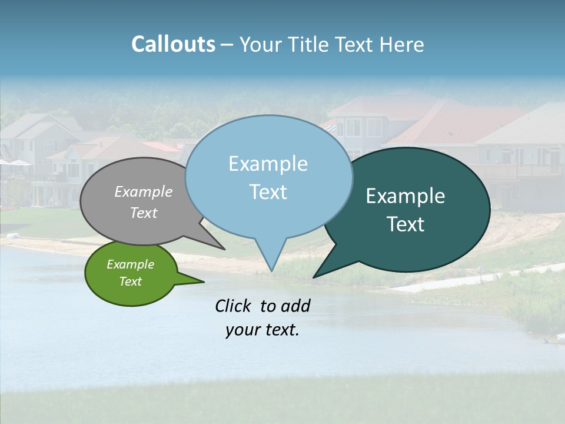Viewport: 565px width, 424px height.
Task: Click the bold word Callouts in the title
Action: coord(173,44)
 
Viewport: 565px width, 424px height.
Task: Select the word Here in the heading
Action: coord(402,44)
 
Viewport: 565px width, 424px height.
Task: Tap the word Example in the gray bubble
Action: coord(143,191)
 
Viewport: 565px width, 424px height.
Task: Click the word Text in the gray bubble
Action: coord(143,213)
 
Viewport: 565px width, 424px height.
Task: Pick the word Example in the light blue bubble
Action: coord(268,164)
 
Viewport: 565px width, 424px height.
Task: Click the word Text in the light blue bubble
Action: coord(268,192)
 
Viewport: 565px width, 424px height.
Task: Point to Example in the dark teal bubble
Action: coord(405,196)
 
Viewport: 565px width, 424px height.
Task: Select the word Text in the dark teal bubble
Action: coord(405,224)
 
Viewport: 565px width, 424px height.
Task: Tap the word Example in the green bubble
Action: coord(130,264)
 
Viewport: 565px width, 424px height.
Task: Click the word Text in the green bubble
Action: coord(130,281)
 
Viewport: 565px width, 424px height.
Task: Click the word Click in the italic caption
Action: coord(234,306)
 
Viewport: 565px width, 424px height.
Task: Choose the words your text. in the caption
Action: coord(262,330)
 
